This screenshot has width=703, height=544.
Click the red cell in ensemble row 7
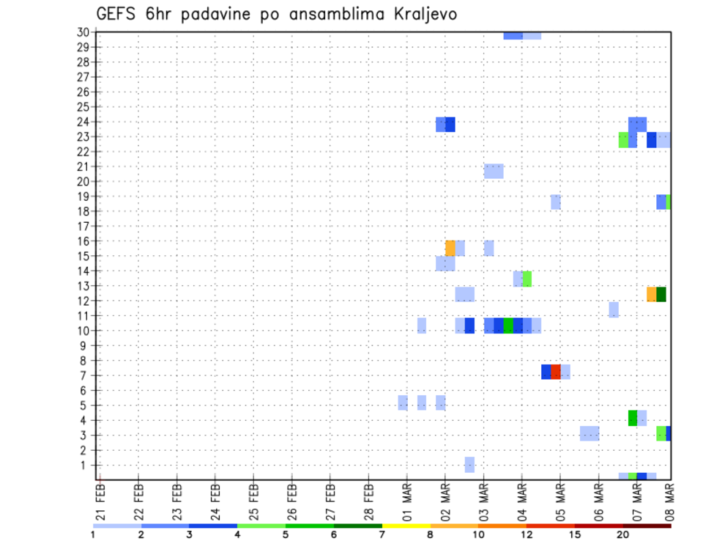pyautogui.click(x=556, y=372)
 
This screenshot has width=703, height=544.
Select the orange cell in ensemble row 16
pyautogui.click(x=450, y=248)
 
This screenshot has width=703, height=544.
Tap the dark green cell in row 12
pyautogui.click(x=661, y=294)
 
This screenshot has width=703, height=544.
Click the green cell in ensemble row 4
pyautogui.click(x=633, y=418)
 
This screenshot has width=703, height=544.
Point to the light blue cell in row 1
pyautogui.click(x=469, y=465)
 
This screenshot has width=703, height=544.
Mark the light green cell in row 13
pyautogui.click(x=527, y=279)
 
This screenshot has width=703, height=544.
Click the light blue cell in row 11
pyautogui.click(x=614, y=309)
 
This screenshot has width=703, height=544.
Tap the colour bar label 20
pyautogui.click(x=623, y=535)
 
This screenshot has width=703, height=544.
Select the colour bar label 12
pyautogui.click(x=527, y=535)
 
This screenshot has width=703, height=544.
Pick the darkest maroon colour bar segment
pyautogui.click(x=647, y=526)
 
